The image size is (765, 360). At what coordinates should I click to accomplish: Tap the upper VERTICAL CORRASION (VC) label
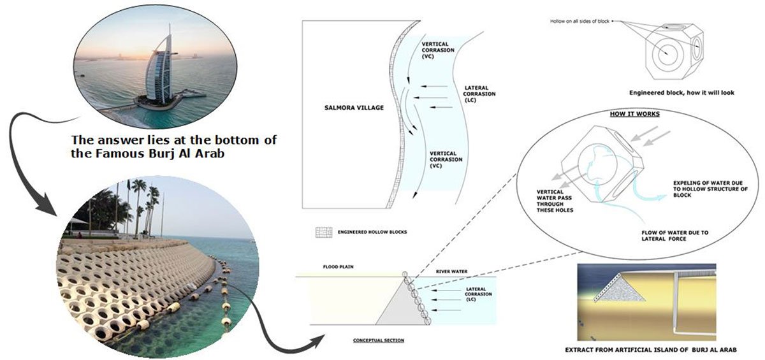pyautogui.click(x=437, y=50)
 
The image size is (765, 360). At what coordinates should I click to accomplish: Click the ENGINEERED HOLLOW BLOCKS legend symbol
pyautogui.click(x=324, y=232)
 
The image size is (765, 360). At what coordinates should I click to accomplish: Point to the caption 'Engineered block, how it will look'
pyautogui.click(x=681, y=92)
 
